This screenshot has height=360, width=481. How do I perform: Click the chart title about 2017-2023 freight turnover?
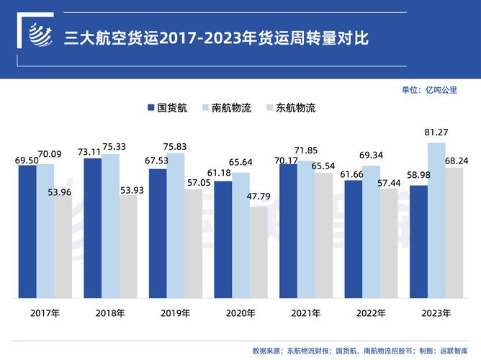tap(217, 37)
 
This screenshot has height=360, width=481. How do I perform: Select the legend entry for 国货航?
tap(168, 108)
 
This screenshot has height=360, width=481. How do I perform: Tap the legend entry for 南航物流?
tap(228, 108)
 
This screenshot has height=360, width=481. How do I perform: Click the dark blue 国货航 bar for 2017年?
tap(27, 230)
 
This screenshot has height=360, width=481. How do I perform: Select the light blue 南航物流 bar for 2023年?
tap(436, 220)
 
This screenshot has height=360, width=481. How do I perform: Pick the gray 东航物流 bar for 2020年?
tap(259, 252)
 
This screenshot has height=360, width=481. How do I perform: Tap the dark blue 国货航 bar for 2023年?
tap(418, 242)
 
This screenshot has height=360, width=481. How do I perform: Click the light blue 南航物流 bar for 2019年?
tap(175, 225)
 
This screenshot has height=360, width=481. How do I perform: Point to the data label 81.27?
tap(436, 132)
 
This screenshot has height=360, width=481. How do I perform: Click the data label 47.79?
tap(259, 197)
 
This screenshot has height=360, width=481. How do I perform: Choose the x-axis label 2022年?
tap(370, 314)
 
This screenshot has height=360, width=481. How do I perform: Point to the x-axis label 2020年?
tap(240, 314)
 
